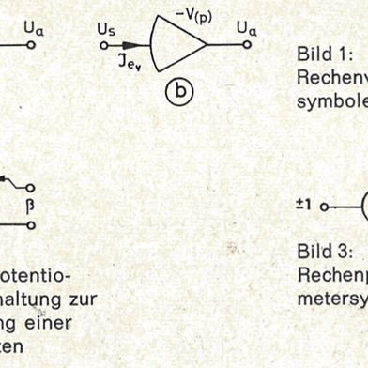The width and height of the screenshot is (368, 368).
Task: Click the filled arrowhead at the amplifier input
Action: click(141, 44)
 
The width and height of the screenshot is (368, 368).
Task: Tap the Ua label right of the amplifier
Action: click(246, 32)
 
